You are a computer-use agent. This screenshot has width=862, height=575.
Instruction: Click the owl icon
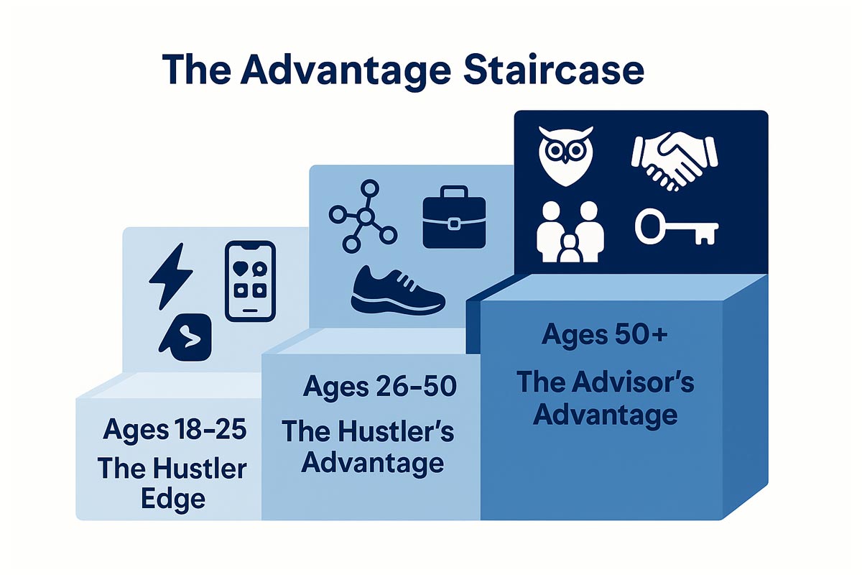click(x=566, y=156)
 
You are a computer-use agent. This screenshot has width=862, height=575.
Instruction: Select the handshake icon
click(x=675, y=161)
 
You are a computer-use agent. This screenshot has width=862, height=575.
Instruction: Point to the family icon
click(x=570, y=232)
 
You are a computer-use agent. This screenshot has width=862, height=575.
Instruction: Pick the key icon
click(x=676, y=227)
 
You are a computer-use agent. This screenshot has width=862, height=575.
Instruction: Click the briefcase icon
click(x=454, y=217)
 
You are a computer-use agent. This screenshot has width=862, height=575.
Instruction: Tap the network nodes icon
click(x=363, y=216)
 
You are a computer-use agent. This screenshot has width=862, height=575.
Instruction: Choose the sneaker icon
click(x=398, y=290)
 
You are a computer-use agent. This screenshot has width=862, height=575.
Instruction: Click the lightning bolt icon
click(x=170, y=276)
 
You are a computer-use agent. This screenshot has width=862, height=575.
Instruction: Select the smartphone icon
click(x=250, y=281)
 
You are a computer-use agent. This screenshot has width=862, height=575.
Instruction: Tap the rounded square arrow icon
click(x=185, y=337)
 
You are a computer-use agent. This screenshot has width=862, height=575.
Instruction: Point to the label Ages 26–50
click(x=380, y=387)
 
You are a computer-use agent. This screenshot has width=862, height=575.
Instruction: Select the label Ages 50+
click(x=605, y=336)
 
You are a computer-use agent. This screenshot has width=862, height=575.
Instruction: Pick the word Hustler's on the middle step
click(x=396, y=431)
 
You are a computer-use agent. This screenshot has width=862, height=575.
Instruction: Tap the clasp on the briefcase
click(x=454, y=224)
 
